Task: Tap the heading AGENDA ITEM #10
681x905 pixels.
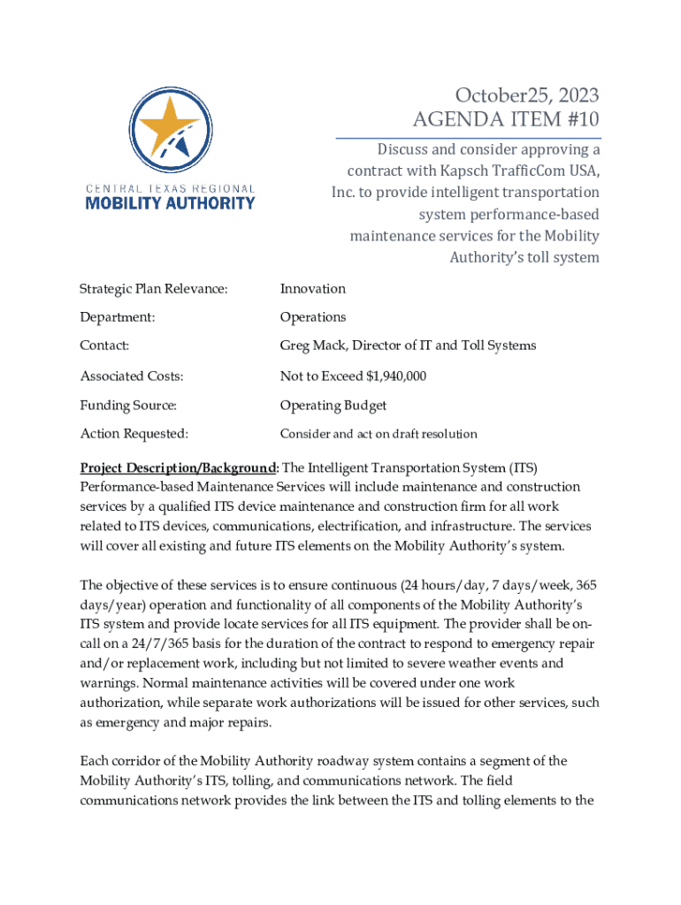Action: tap(506, 119)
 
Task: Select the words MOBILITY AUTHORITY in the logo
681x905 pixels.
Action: tap(170, 203)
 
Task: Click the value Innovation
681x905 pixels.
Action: tap(313, 289)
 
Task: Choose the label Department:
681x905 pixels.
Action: tap(118, 317)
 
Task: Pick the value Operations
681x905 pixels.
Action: tap(313, 317)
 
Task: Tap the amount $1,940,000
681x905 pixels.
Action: tap(396, 376)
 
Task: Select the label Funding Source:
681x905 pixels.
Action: tap(128, 406)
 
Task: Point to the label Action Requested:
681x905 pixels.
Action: tap(134, 434)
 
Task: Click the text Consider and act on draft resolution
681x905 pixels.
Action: tap(379, 434)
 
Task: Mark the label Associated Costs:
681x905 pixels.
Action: tap(132, 376)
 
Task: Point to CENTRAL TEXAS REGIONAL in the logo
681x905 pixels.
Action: tap(170, 188)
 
